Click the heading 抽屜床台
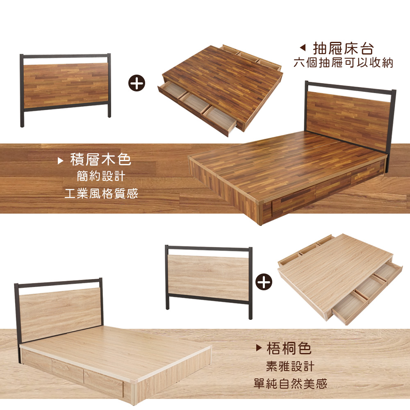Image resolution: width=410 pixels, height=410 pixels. pos(343,48)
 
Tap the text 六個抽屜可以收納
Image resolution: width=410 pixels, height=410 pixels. pos(343,63)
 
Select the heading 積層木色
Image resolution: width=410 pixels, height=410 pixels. pos(101,159)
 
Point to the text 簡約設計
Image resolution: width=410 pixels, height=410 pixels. pos(101,176)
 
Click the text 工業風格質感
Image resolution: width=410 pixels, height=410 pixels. pos(101,194)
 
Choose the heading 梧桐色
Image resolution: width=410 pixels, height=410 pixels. pos(289,348)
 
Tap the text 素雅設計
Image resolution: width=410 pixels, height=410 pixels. pos(290,366)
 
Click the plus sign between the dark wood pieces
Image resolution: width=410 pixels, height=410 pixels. pos(137,83)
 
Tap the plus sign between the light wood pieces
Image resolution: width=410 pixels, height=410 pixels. pos(264,282)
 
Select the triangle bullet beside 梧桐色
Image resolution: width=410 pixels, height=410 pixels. pos(259,348)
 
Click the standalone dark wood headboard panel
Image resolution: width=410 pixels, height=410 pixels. pos(66,85)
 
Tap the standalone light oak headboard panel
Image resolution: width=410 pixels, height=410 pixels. pos(208,278)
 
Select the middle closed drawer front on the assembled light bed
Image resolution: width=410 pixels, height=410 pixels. pos(68,371)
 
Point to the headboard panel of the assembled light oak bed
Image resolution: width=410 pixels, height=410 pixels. pos(60,314)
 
